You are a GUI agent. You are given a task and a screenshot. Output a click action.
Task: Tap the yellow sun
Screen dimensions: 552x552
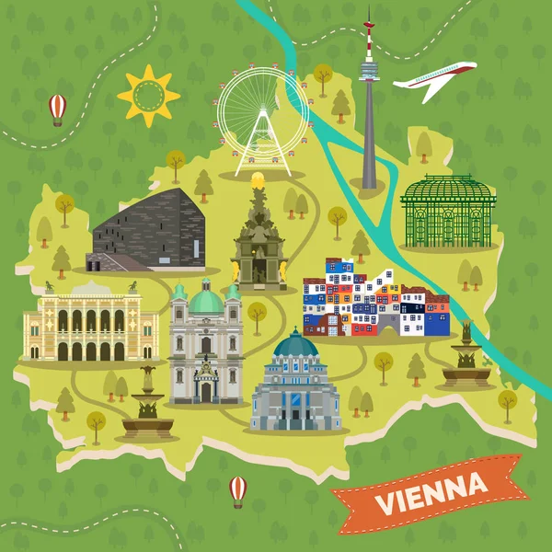(x=147, y=95)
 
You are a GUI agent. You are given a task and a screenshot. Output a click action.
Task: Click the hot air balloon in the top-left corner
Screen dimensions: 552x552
(x=57, y=107)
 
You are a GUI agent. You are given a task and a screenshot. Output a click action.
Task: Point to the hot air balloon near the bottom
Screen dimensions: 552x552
(x=237, y=489)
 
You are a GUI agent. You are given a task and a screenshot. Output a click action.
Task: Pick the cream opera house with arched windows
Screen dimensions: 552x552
(x=91, y=323)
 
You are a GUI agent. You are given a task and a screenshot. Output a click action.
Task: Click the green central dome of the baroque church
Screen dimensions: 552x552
(x=205, y=300)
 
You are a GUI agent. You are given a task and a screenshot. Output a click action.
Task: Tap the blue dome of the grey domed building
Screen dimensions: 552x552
(x=295, y=345)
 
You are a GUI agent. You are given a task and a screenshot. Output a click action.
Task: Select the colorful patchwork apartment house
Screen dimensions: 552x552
(x=375, y=299)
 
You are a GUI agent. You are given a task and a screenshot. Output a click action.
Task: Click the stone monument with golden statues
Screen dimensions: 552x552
(x=259, y=242)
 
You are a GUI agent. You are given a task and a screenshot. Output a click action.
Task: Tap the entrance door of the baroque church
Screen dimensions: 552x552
(x=205, y=391)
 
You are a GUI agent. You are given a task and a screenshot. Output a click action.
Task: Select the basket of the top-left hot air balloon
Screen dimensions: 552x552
(x=57, y=121)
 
